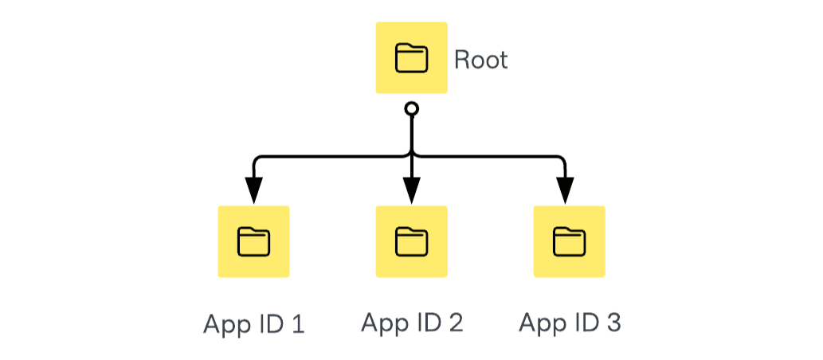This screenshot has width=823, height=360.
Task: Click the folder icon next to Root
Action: click(x=411, y=58)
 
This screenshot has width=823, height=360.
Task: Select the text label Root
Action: click(x=480, y=60)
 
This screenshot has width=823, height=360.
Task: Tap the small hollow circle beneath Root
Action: click(x=411, y=108)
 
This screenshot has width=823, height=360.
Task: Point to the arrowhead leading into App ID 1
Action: click(x=253, y=191)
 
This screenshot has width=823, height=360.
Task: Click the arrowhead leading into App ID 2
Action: click(x=411, y=191)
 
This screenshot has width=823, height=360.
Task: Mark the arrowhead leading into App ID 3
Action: click(x=565, y=191)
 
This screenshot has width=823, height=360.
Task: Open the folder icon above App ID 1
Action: click(x=253, y=241)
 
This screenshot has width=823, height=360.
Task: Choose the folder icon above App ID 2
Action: click(x=411, y=241)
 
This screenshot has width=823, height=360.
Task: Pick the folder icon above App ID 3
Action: click(x=569, y=241)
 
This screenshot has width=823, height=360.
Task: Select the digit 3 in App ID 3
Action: click(x=613, y=323)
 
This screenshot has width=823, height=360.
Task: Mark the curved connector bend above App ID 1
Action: click(x=257, y=158)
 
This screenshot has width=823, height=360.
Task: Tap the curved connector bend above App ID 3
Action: click(x=562, y=158)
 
